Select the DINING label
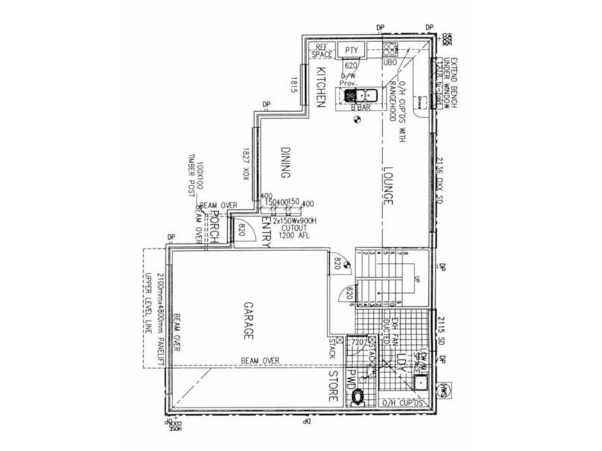point(284,162)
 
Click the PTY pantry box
point(351,50)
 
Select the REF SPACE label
point(321,50)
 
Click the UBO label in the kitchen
point(390,62)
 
